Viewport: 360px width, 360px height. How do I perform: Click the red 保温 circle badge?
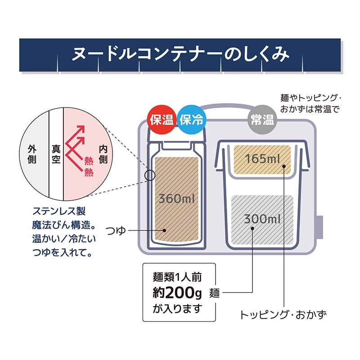click(162, 119)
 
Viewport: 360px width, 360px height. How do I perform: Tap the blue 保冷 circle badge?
click(192, 119)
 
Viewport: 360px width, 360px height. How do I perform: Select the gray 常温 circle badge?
click(262, 120)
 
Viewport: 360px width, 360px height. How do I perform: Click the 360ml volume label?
click(176, 198)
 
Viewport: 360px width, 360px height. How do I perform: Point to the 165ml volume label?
click(262, 159)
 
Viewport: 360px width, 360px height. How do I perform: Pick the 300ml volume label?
click(262, 219)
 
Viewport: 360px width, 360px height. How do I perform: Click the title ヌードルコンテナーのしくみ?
click(180, 54)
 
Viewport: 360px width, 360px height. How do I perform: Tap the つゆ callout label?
click(116, 230)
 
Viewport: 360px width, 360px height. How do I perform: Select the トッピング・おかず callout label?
click(283, 315)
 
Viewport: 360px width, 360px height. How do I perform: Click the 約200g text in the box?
click(177, 292)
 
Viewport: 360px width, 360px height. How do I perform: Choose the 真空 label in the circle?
click(56, 154)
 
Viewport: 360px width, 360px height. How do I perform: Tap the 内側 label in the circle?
click(103, 154)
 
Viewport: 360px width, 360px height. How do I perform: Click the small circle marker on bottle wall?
click(150, 175)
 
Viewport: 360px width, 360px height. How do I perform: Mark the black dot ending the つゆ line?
click(164, 230)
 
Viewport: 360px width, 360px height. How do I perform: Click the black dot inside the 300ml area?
click(252, 229)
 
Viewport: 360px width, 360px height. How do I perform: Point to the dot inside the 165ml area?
click(284, 166)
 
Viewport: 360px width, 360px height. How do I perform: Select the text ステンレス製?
click(59, 211)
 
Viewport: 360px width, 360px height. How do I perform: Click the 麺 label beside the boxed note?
click(215, 293)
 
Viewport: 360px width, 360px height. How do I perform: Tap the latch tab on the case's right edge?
click(320, 227)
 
